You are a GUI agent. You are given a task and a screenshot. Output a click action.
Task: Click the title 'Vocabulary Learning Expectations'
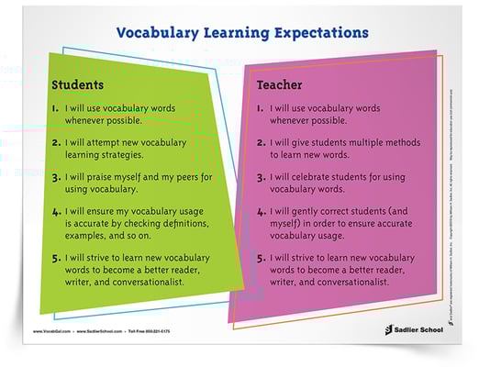242,34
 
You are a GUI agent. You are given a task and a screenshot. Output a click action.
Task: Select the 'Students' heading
77,85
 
